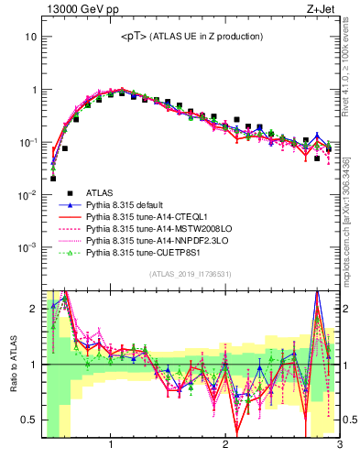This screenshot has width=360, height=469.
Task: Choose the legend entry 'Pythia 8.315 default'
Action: pos(134,205)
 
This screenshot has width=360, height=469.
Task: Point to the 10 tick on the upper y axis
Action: pos(30,38)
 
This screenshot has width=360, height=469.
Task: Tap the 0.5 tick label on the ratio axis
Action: pos(28,422)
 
